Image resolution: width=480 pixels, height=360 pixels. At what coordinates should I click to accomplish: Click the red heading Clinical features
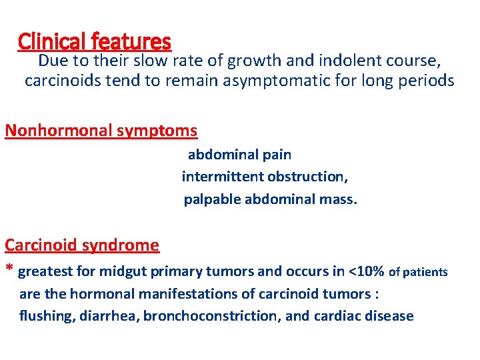pos(95,42)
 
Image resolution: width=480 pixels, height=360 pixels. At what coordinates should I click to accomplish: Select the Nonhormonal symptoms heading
pos(101,130)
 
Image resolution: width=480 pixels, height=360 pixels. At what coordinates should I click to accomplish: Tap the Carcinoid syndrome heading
pos(82,245)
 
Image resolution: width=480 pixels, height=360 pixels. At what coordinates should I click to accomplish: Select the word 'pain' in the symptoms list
pos(277,155)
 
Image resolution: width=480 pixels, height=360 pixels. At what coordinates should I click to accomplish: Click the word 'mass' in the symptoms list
pos(340,199)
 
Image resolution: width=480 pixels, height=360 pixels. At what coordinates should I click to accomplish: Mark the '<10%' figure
pos(365,271)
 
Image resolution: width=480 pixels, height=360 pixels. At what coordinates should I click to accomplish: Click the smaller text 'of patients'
pos(418,272)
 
